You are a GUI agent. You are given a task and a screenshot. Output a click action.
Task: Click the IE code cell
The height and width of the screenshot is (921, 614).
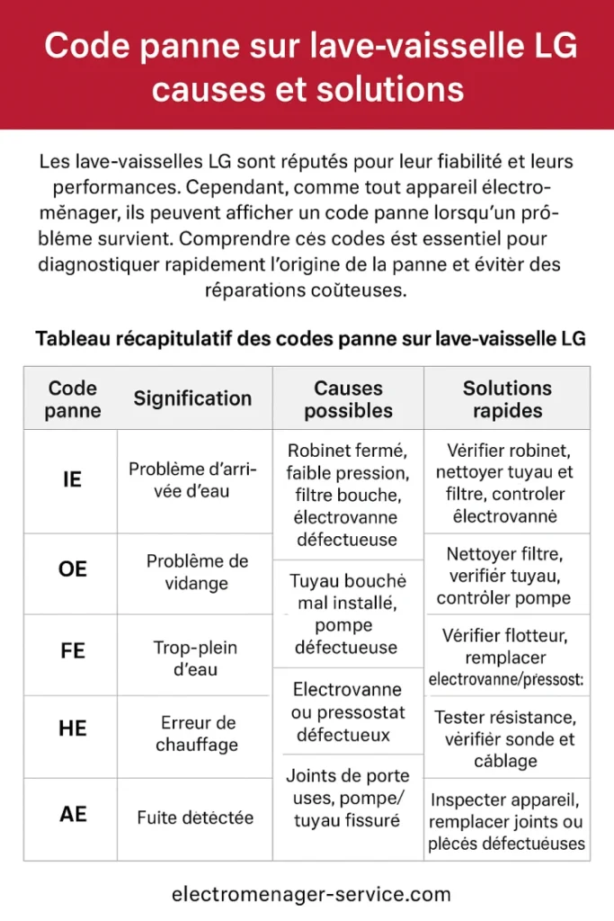72,479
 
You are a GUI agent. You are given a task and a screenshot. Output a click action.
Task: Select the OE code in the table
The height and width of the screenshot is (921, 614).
72,569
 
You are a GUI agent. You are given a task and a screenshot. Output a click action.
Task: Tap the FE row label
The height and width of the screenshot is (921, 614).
72,650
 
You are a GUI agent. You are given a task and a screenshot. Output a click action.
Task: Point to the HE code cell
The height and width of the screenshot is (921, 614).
72,729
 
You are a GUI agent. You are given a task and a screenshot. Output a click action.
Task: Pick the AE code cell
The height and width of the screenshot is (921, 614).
72,814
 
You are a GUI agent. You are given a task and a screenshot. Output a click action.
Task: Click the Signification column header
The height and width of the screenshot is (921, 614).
192,398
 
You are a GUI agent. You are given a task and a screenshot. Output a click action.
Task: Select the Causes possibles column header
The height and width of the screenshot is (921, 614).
348,399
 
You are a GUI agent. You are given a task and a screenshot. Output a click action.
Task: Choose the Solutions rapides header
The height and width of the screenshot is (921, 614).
507,399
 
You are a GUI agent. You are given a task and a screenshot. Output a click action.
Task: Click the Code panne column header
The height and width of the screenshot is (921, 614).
72,399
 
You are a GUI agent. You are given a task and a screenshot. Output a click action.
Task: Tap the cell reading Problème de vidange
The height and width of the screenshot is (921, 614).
197,572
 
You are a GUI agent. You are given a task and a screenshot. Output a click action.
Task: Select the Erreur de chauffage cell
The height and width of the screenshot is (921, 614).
197,733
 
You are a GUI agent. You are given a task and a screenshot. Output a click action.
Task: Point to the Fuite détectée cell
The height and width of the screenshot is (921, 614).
195,818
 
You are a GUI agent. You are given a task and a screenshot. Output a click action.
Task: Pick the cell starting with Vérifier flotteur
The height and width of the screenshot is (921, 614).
506,657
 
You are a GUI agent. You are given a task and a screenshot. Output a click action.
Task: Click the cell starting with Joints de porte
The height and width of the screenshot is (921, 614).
347,798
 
